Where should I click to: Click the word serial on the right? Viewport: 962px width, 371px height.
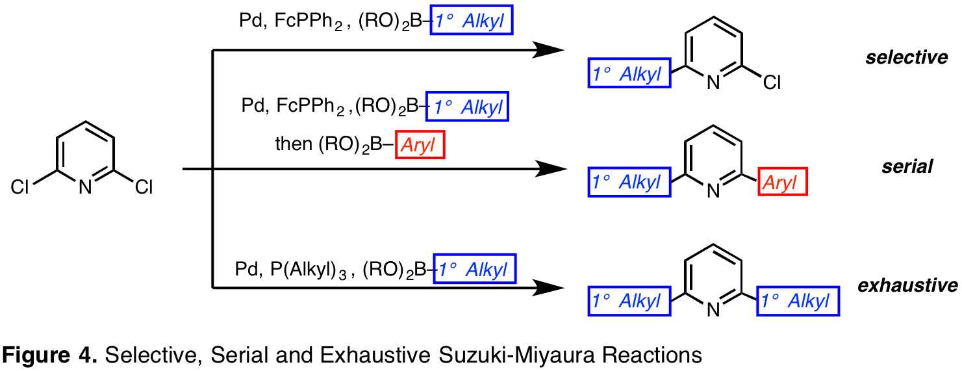click(907, 166)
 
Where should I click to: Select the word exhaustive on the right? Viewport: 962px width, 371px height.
click(907, 285)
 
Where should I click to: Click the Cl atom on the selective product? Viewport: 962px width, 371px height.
click(772, 82)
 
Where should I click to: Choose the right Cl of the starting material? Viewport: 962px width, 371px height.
click(143, 188)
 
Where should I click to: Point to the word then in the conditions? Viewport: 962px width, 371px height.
click(294, 145)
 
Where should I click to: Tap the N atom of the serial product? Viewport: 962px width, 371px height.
click(713, 190)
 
